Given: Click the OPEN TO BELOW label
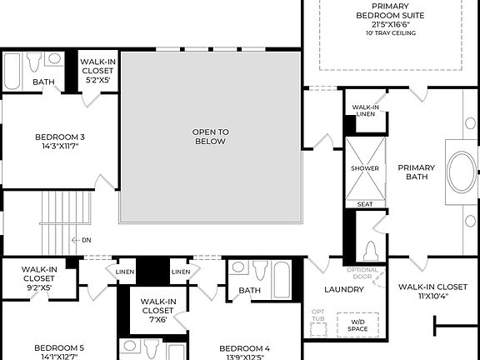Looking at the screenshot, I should point(211,137).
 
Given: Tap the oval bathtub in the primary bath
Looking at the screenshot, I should point(460,171).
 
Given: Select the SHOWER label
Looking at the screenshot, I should point(365,168).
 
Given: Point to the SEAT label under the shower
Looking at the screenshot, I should point(365,203).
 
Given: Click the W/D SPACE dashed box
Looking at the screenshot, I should point(357,324).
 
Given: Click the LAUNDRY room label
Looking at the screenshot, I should point(343,289).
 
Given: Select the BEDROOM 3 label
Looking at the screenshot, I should point(60,142).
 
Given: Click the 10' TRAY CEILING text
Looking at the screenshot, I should point(391,33).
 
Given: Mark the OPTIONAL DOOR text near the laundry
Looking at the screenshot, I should point(362,273).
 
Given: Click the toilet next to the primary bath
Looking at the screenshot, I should point(371,249).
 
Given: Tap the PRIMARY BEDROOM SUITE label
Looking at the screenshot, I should point(391,15).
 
